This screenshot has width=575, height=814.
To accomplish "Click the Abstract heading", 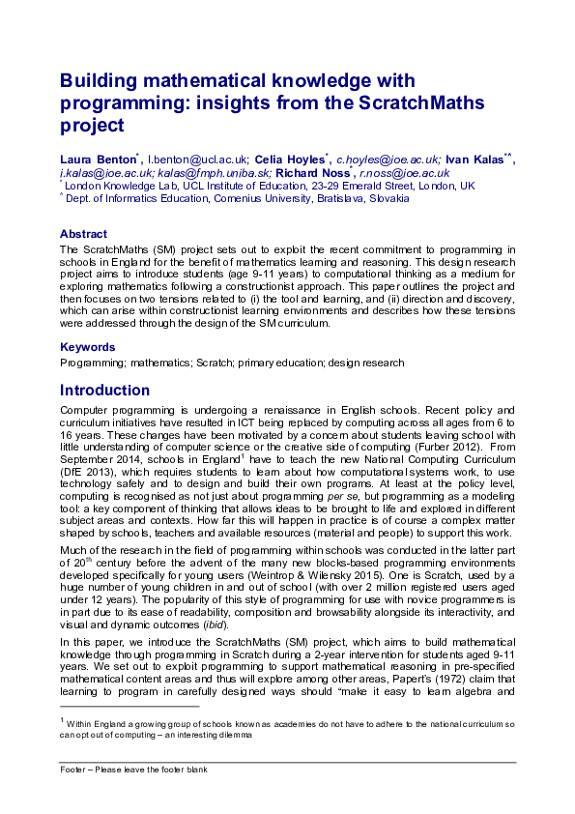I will pyautogui.click(x=84, y=234).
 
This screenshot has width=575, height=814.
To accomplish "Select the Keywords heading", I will pyautogui.click(x=87, y=347).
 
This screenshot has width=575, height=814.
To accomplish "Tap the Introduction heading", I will pyautogui.click(x=104, y=391).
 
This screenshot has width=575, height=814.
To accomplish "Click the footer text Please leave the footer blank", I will pyautogui.click(x=150, y=770).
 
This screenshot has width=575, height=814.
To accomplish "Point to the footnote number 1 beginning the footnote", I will pyautogui.click(x=62, y=719).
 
